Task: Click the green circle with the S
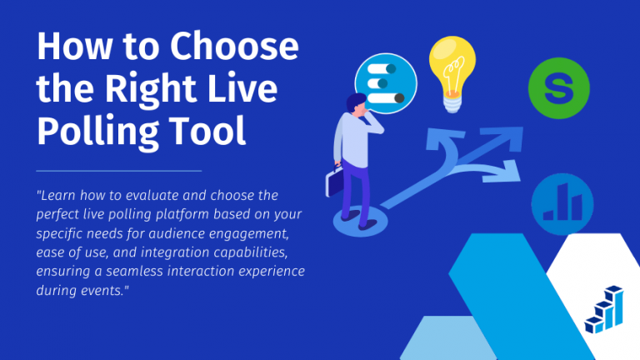point(558,87)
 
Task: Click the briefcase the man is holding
point(334,181)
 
